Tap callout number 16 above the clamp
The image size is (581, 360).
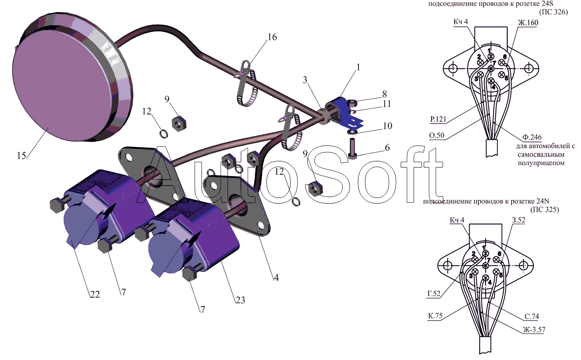tap(272, 37)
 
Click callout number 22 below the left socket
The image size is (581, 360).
tap(95, 294)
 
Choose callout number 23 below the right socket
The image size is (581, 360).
tap(240, 300)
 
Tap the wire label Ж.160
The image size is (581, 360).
tap(528, 23)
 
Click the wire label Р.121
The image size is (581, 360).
tap(438, 119)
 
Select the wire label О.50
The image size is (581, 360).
tap(437, 135)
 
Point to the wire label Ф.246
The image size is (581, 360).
tap(532, 137)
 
